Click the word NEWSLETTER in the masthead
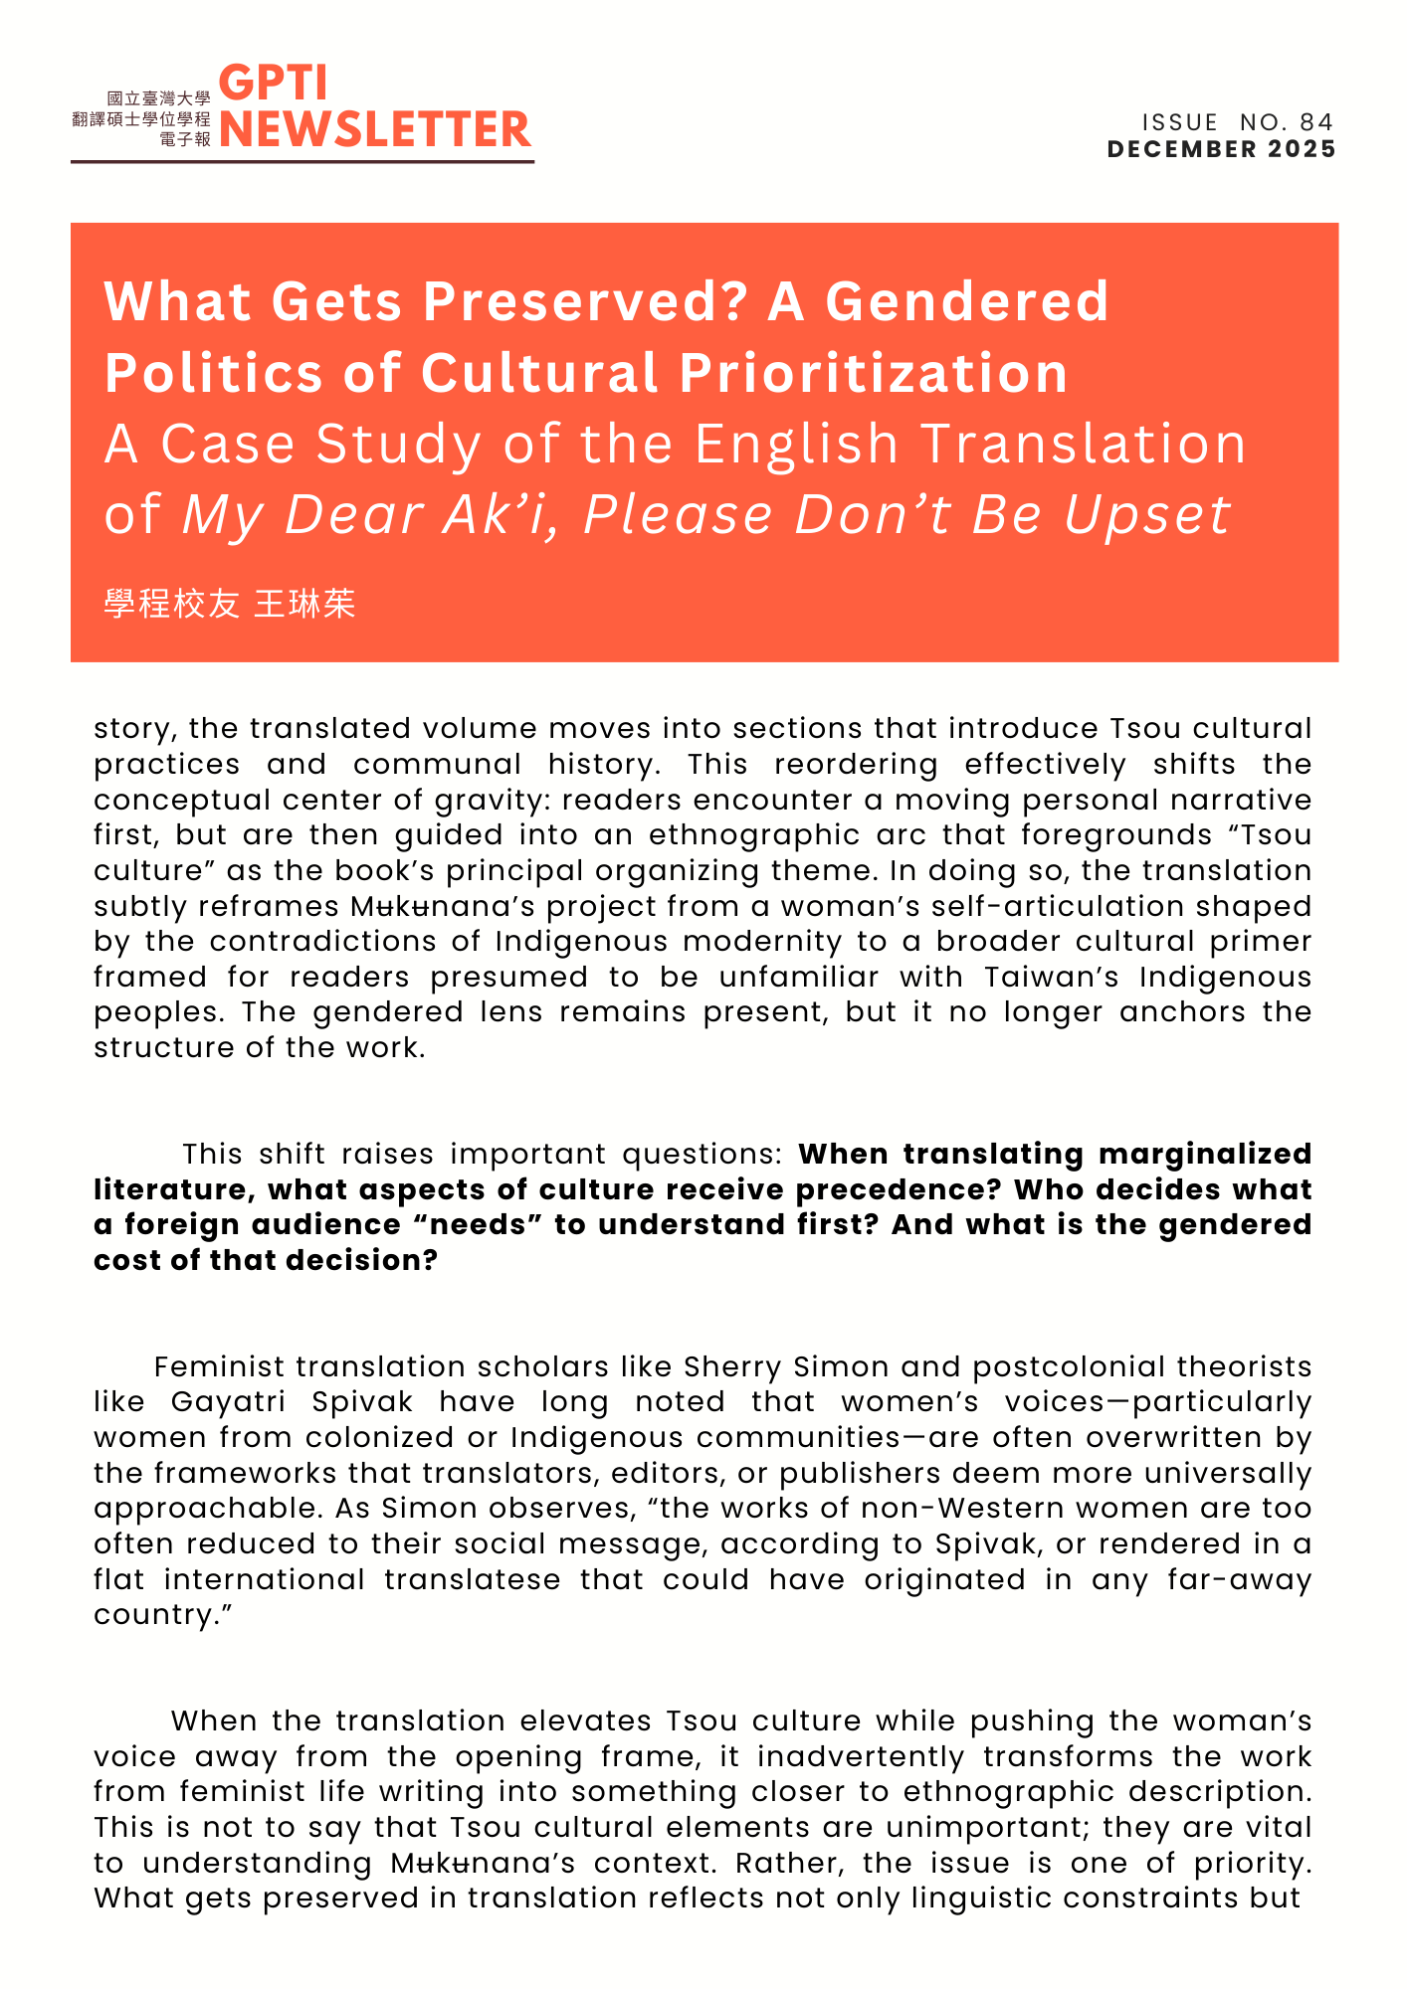tap(375, 130)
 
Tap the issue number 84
tap(1315, 122)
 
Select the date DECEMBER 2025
tap(1221, 149)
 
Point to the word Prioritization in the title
tap(874, 373)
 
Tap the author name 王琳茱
tap(304, 605)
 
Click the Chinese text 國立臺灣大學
tap(159, 98)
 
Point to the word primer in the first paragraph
tap(1260, 941)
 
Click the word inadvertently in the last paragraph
tap(861, 1756)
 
